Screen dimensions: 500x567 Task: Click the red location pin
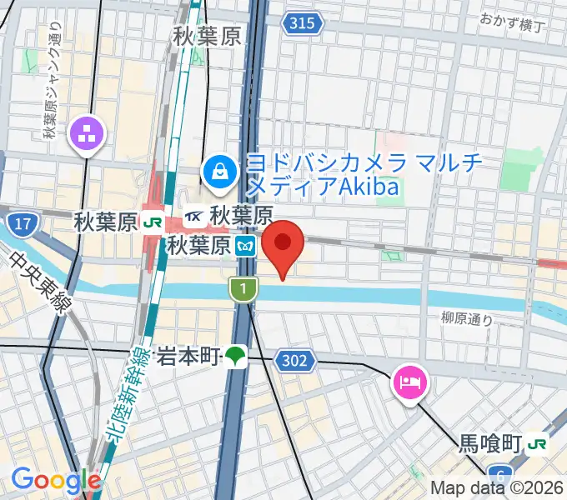283,243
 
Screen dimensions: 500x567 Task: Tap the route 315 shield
302,23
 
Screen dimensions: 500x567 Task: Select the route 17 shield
23,222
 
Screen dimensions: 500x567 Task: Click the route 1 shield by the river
242,289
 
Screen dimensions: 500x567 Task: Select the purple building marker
88,132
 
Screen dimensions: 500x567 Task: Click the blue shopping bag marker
219,172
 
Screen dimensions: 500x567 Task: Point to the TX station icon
195,217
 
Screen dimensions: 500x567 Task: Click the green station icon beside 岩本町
235,357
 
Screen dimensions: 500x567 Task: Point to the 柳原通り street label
467,317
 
